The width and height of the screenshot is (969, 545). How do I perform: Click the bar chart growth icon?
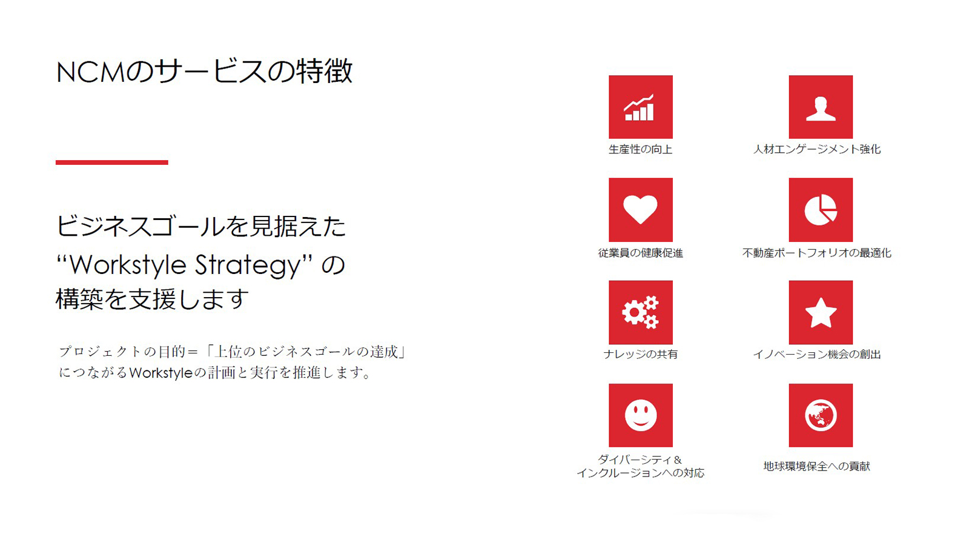pos(640,107)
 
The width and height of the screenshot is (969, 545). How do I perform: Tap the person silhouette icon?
pos(821,109)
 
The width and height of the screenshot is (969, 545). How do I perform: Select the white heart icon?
pos(640,210)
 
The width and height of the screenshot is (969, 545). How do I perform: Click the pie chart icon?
pos(821,210)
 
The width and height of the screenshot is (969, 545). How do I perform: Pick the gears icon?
pos(640,312)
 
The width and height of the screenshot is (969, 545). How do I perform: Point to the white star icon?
pos(821,313)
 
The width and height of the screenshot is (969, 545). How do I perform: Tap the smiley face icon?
pos(641,415)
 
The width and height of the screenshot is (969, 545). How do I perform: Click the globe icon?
pos(821,415)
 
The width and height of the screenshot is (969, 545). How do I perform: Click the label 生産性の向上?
pos(640,149)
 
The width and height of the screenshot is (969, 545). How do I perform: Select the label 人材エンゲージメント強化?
pos(817,149)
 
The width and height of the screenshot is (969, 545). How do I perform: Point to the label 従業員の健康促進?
pos(640,253)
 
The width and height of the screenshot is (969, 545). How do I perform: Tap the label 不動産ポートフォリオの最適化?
pos(817,253)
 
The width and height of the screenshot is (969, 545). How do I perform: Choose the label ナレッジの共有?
pos(640,354)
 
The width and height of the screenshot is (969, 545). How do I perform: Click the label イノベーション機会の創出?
pos(817,354)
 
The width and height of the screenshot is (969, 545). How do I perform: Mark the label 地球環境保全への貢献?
pos(817,466)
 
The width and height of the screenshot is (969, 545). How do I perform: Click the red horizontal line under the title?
pos(111,162)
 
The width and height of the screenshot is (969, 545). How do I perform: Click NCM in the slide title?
pos(91,72)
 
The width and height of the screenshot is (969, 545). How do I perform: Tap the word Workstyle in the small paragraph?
pos(160,373)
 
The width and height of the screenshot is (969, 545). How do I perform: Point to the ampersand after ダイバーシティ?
pos(678,460)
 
